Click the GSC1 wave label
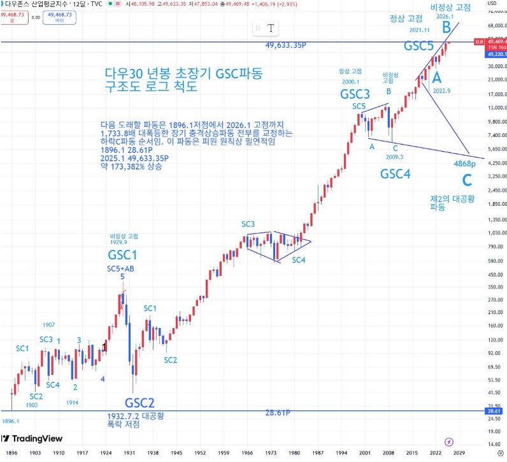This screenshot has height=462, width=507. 122,255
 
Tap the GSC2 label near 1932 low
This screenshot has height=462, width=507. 139,403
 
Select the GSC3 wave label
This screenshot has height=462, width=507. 355,94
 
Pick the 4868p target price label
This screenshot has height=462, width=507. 465,164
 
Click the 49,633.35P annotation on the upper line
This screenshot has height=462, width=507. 287,46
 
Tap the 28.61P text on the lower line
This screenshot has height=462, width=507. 278,413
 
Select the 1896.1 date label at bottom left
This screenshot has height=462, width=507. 11,421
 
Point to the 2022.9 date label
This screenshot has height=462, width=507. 441,91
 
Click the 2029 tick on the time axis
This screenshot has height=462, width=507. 458,452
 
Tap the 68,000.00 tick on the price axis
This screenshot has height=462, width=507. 496,27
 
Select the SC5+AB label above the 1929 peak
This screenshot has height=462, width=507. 120,268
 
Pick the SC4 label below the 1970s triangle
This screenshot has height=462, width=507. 299,260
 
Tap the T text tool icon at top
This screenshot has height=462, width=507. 271,28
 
